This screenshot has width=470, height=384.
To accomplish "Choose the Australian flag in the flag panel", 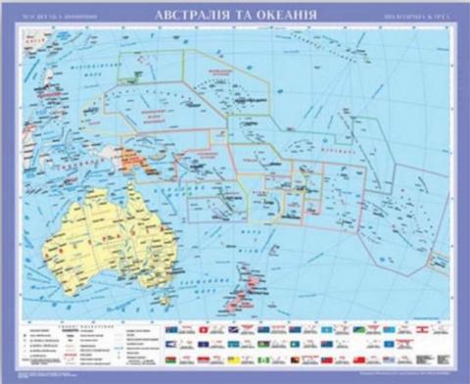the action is [172, 329].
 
